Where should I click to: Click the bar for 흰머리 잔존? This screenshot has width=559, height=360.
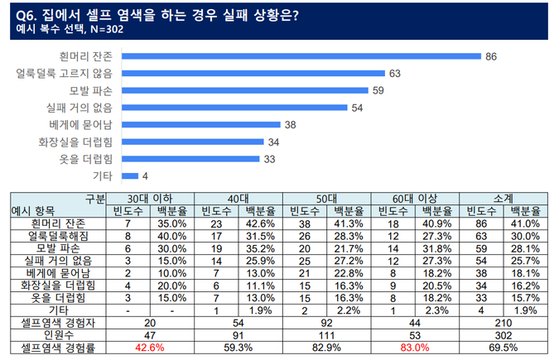(301, 56)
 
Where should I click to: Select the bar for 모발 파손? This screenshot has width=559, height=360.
(244, 90)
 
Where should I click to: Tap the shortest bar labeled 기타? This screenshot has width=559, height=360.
(129, 175)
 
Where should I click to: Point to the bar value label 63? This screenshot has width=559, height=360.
(394, 74)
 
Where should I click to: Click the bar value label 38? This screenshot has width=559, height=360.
(290, 125)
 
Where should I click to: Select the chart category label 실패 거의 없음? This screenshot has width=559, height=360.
(80, 108)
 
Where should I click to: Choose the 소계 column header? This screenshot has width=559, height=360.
(502, 199)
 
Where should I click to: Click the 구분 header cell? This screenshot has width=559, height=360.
(94, 199)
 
